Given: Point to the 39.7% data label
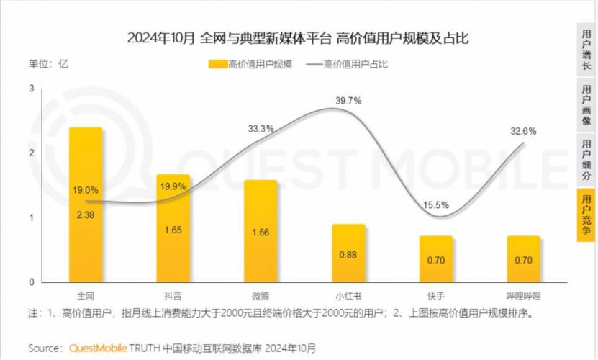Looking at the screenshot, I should pos(348,101).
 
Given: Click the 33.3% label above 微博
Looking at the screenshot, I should pos(261,129).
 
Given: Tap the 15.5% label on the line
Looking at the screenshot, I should pos(436,205).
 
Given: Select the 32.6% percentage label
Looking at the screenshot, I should pos(523,131).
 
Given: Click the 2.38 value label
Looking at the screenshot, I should pos(85,214).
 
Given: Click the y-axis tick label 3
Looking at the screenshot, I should pos(32,88).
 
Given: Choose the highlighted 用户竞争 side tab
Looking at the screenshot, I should pos(586,214).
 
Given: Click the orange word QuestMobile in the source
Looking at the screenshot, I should pos(98,348).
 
